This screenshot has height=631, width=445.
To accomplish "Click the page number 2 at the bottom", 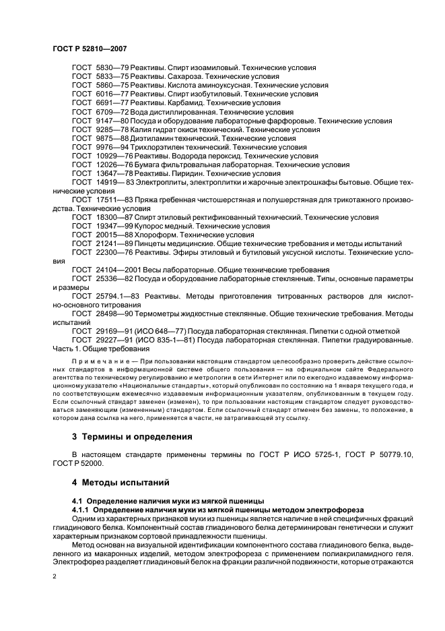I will (x=55, y=576).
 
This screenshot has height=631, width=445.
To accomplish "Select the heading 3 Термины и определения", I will (x=132, y=436).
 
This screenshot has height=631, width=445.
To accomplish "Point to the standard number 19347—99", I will (x=106, y=226).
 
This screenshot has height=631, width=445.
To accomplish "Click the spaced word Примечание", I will (x=93, y=362).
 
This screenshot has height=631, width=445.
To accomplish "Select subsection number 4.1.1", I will (x=83, y=510).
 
